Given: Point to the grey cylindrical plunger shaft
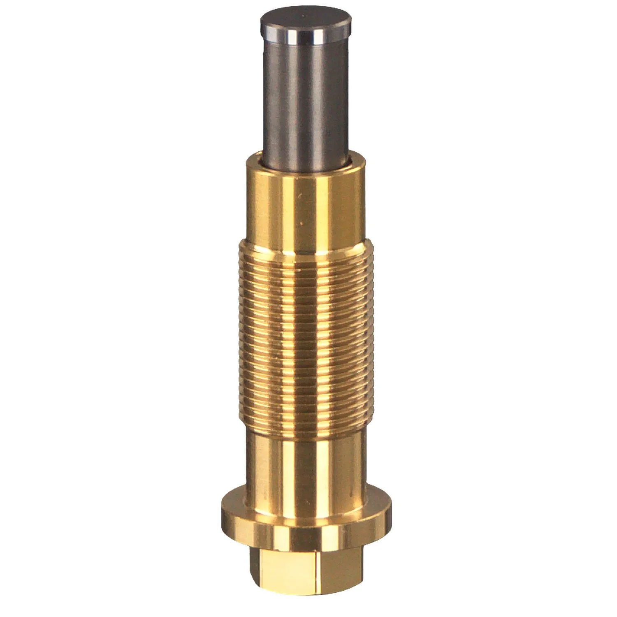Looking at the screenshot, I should (x=306, y=99).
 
